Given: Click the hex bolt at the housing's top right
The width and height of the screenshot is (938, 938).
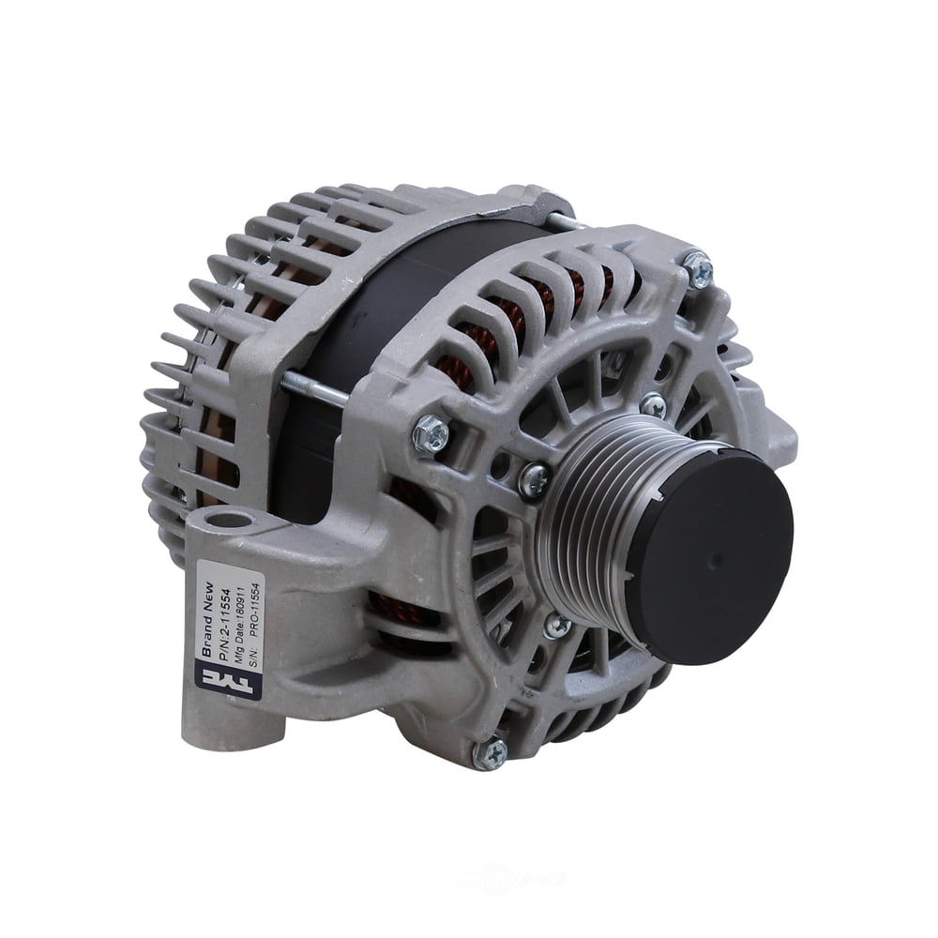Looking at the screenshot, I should pos(698,270).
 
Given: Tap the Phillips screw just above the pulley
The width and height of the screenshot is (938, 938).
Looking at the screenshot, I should pos(653,404).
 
